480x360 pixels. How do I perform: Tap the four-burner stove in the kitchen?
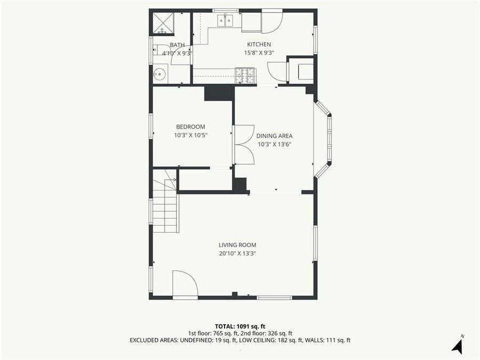point(245,75)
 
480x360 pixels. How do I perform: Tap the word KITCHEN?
point(259,44)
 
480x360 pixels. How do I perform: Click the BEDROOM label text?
point(190,126)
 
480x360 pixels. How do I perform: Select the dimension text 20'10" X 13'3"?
point(237,253)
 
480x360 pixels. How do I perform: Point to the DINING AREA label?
point(274,135)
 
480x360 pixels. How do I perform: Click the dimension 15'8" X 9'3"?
point(259,53)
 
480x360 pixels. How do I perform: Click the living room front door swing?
point(185,284)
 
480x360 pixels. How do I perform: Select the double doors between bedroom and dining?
point(244,145)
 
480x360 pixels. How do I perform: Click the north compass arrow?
point(457,346)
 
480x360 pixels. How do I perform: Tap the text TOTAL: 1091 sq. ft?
point(239,326)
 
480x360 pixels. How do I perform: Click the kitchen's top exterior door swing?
point(271,21)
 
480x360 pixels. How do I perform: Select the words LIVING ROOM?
point(237,245)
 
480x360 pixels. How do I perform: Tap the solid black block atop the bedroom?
point(219,93)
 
